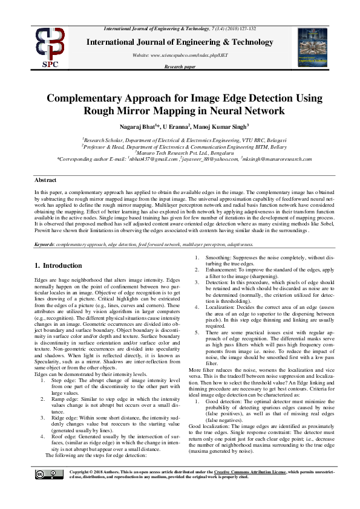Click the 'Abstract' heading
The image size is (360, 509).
tap(45, 180)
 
